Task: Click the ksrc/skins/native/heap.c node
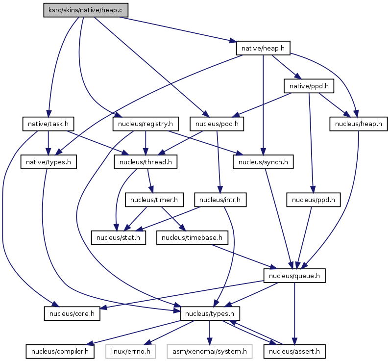tap(86, 10)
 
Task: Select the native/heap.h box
tap(264, 48)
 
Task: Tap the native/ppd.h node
tap(309, 86)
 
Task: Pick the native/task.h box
tap(48, 124)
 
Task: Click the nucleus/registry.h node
tap(146, 124)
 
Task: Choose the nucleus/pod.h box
tap(217, 124)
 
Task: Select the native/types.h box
tap(48, 162)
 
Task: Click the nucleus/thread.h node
tap(146, 162)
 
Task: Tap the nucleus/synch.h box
tap(263, 162)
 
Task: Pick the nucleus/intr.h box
tap(220, 200)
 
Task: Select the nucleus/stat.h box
tap(118, 238)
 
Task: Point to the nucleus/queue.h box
tap(295, 276)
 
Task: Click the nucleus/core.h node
tap(72, 313)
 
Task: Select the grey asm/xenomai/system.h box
tap(209, 351)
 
